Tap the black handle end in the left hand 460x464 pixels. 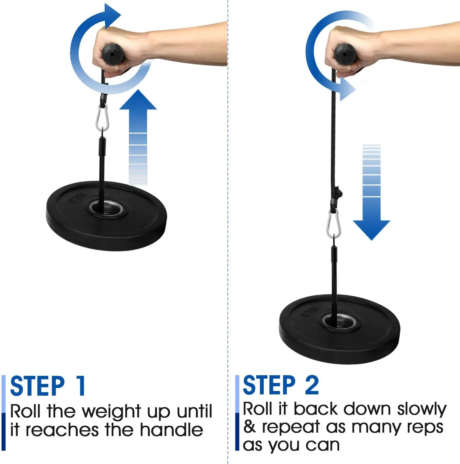click(113, 54)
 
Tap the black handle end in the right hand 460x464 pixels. click(345, 54)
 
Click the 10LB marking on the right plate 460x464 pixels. click(309, 312)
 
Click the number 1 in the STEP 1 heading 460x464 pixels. click(81, 386)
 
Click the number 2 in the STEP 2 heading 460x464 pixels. click(312, 385)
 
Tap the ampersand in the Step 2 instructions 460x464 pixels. click(250, 427)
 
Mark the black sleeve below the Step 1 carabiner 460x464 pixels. click(102, 147)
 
